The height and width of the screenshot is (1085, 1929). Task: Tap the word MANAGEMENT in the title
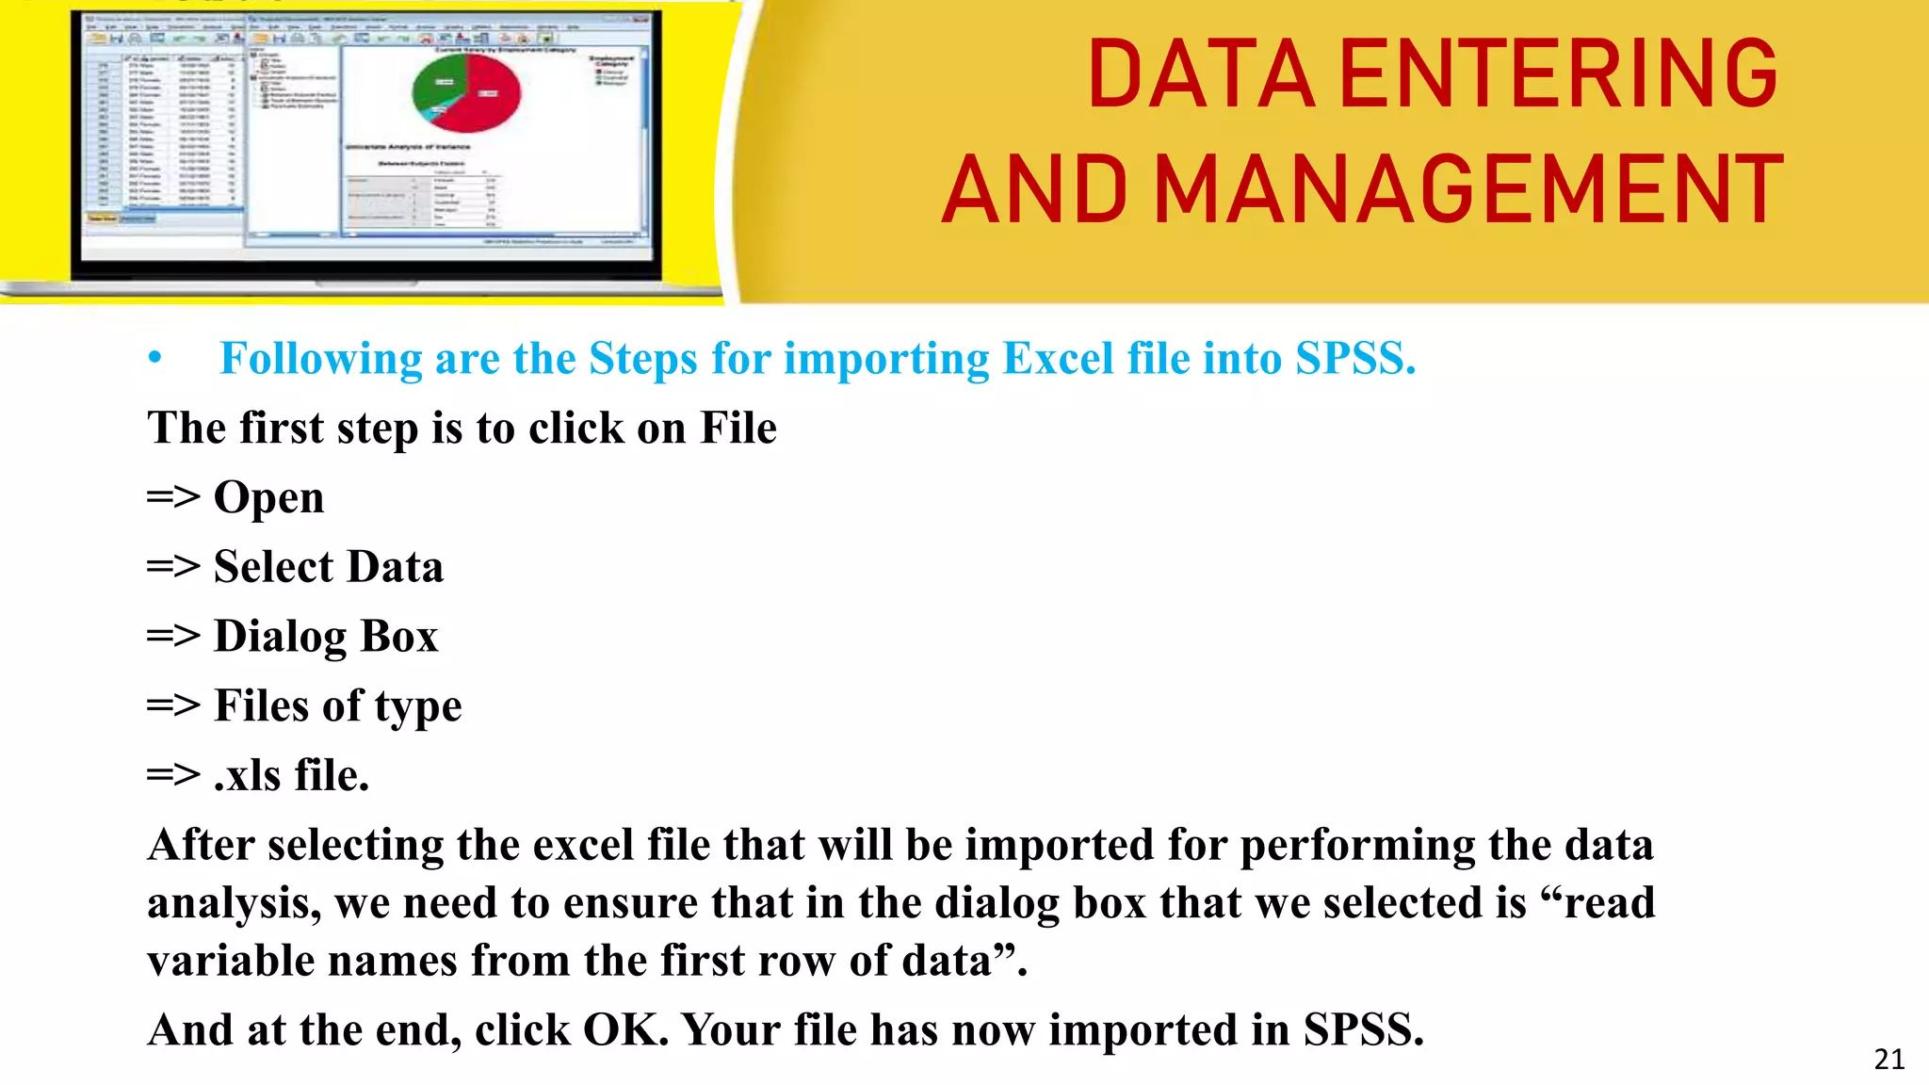tap(1468, 191)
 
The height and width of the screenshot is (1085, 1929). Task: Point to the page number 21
tap(1888, 1060)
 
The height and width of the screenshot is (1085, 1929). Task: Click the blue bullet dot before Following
tap(155, 358)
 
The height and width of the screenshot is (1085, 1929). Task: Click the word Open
tap(269, 498)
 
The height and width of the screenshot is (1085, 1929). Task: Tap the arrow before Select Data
tap(173, 567)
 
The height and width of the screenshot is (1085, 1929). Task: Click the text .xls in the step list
tap(248, 775)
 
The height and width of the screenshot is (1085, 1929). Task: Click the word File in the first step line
tap(738, 429)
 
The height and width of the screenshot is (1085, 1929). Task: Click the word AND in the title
tap(1034, 191)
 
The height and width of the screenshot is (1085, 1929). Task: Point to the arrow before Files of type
tap(173, 705)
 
